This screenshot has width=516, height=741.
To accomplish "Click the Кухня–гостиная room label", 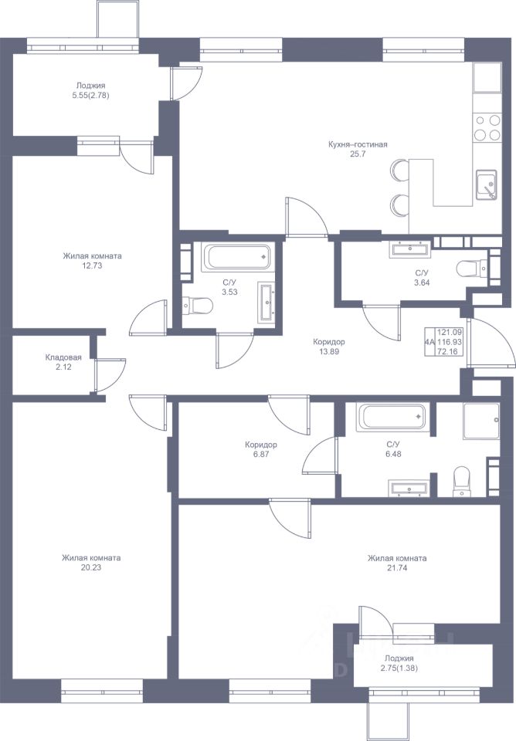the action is pos(358,144).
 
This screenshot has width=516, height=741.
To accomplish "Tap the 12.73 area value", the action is pos(92,266).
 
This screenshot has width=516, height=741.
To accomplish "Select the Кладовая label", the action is pos(63,357).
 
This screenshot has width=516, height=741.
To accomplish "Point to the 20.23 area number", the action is pos(91,567).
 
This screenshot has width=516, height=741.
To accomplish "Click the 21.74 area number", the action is pos(397,568).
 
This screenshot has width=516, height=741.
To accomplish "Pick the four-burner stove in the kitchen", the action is pos(487,127).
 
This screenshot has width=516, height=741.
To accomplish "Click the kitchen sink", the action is pos(486,184).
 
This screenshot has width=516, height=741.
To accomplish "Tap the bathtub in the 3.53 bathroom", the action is pos(237,257).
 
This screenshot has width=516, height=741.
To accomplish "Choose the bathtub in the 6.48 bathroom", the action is pos(391,417).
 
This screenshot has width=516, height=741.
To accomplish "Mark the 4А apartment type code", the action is pos(429,342).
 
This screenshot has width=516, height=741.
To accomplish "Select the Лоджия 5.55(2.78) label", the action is pos(90,90).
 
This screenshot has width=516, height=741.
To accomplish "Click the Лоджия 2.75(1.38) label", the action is pos(399,663).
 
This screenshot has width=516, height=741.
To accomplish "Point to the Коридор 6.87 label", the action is pos(261,449).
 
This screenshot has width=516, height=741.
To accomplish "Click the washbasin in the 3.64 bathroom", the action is pos(410,249).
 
